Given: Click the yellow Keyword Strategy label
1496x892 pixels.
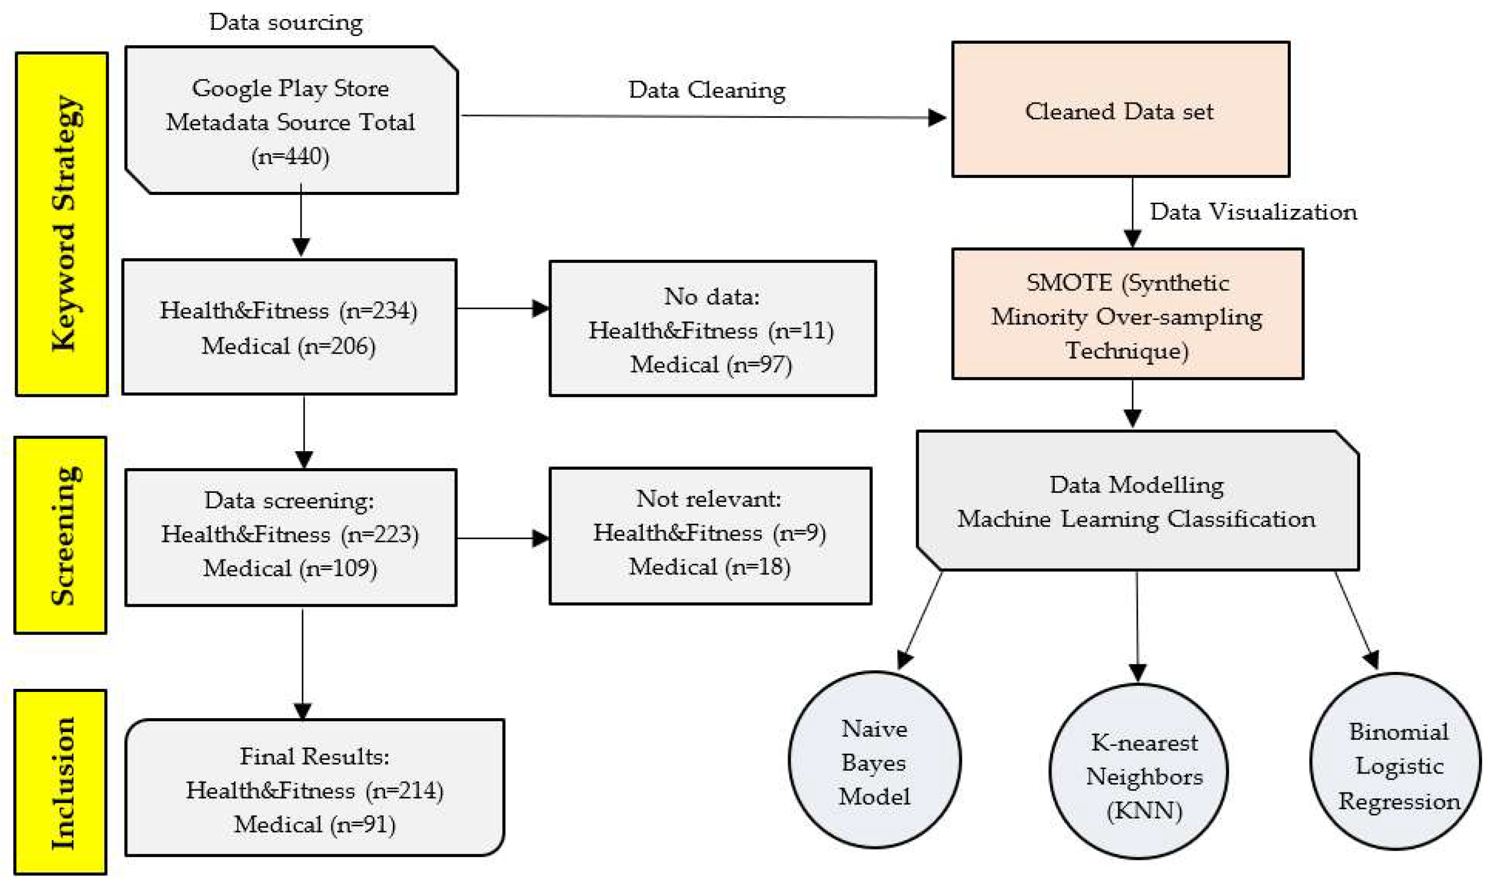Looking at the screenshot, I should point(62,224).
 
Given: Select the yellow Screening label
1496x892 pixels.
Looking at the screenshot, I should point(61,535).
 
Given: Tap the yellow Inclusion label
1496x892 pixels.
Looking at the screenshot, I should point(61,782).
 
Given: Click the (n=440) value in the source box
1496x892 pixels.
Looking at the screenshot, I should point(290,157).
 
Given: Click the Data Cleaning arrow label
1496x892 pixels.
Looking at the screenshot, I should point(707,90).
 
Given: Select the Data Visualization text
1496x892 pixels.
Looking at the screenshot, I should point(1253,212).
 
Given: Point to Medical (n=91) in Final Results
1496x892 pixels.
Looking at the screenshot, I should point(314,824).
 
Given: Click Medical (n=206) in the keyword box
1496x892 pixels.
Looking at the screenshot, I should point(288,346).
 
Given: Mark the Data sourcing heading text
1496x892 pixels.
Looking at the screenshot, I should point(286,23).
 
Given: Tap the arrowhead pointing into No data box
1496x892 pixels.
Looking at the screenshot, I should point(540,309).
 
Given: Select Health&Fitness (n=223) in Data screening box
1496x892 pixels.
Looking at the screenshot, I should point(290,534).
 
